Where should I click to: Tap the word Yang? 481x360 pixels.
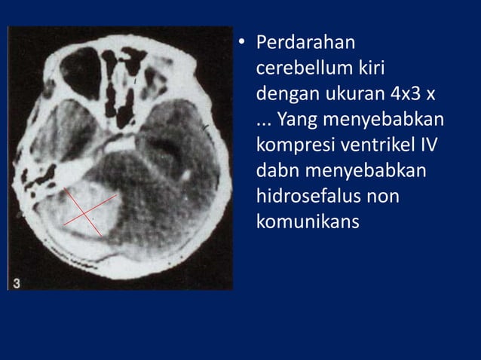[x=296, y=121]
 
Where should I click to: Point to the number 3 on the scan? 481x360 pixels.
[x=17, y=282]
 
